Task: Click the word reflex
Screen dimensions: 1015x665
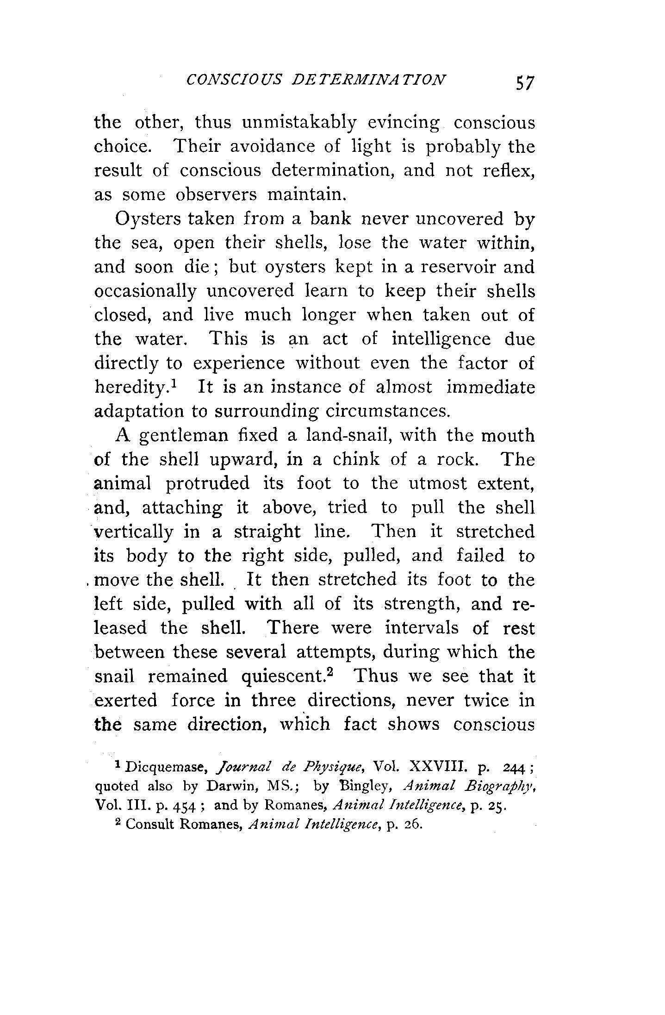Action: pyautogui.click(x=507, y=171)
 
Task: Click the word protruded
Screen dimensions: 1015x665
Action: pyautogui.click(x=207, y=483)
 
